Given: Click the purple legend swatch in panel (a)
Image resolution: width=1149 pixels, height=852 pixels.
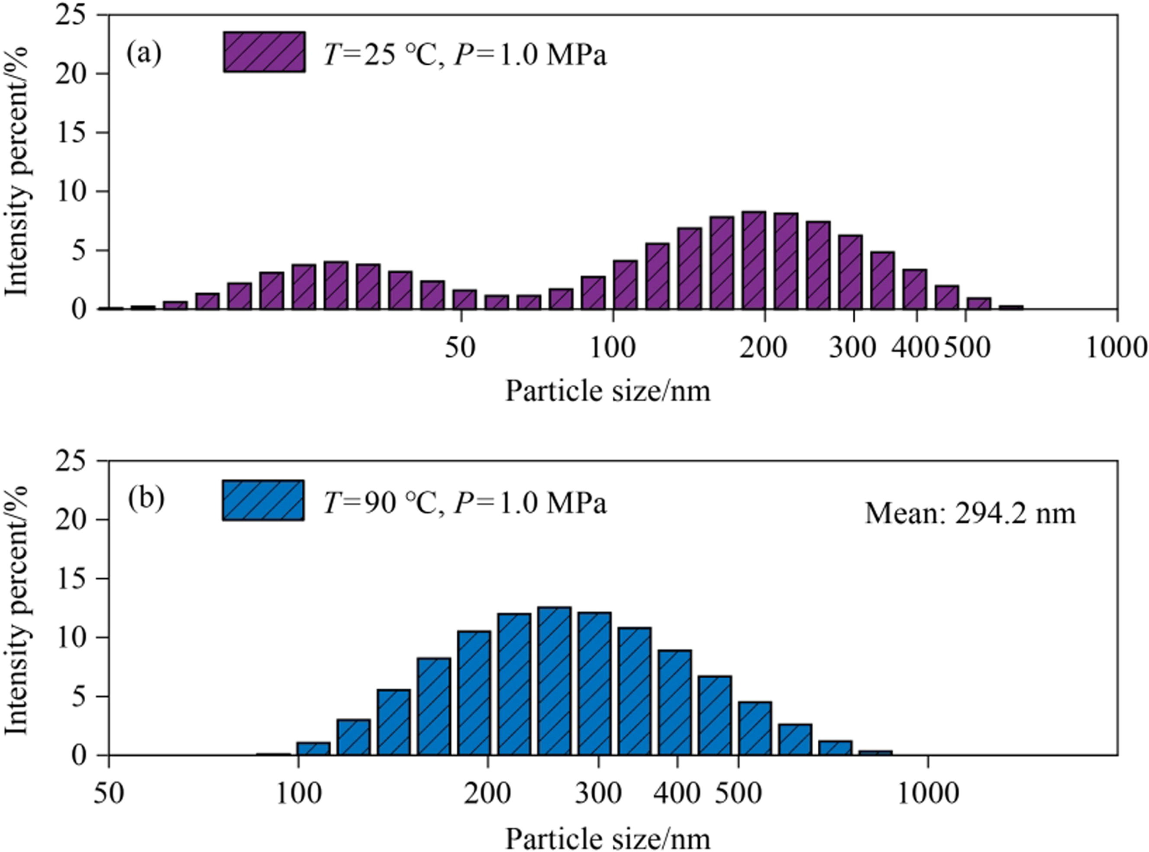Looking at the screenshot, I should tap(264, 52).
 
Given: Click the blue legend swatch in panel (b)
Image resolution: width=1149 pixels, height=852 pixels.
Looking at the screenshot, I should tap(263, 500).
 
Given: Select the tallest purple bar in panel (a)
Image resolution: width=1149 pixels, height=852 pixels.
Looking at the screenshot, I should tap(753, 260).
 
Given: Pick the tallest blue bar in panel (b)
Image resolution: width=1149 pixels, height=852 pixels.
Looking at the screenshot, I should tap(554, 681).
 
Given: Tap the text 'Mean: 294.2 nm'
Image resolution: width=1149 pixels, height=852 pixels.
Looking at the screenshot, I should tap(970, 514).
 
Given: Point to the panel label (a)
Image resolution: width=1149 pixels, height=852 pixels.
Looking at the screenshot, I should tap(144, 53).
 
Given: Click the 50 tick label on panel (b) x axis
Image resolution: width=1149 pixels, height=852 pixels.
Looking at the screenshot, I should tap(109, 793).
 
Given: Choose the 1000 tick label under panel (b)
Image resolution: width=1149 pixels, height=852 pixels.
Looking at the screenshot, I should tap(928, 793).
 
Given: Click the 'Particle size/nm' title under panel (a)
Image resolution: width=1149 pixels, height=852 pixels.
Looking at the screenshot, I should tap(607, 391).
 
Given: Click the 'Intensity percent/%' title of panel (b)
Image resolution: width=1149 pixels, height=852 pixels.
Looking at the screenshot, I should tap(16, 608).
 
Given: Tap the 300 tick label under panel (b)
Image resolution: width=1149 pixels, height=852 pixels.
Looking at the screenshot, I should tap(598, 793).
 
